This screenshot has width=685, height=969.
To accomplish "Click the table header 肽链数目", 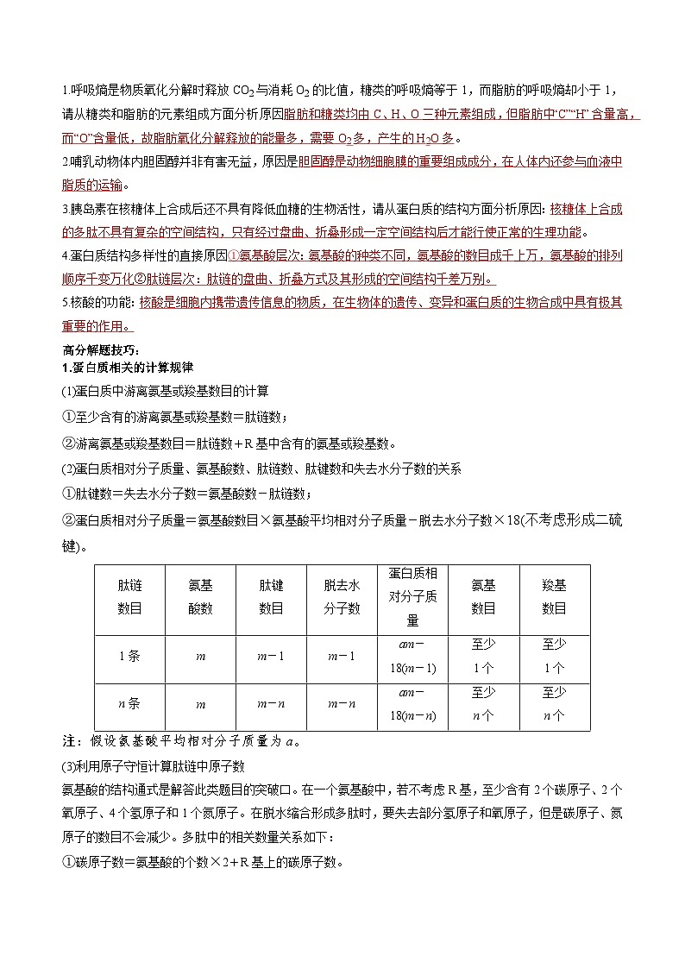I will click(x=129, y=596).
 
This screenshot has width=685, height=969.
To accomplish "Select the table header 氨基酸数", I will click(x=200, y=596).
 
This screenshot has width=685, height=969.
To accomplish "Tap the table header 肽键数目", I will click(x=271, y=596).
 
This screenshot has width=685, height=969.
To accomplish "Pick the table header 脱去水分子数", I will click(x=342, y=596).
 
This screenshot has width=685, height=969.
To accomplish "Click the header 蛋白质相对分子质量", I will click(x=412, y=596).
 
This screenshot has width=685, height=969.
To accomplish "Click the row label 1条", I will click(x=129, y=656).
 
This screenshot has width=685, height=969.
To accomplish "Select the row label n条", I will click(x=129, y=703).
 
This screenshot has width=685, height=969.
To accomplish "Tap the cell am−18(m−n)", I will click(x=412, y=704).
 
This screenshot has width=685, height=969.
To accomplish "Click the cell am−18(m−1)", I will click(x=412, y=657).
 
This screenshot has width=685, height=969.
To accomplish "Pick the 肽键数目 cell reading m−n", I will click(x=271, y=704).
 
